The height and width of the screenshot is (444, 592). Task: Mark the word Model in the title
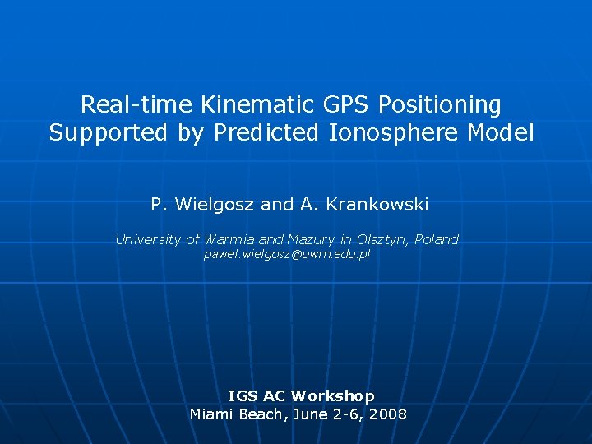503,133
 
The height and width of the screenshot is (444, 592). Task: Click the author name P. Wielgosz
202,203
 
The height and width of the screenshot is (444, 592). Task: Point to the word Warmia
229,239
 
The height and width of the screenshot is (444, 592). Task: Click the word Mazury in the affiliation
311,239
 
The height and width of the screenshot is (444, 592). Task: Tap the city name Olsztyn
381,240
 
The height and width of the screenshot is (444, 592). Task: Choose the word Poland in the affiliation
437,239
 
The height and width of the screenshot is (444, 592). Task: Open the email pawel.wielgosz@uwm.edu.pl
287,256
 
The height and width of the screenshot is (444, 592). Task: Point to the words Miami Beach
237,414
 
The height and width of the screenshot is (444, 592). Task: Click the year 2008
388,414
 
